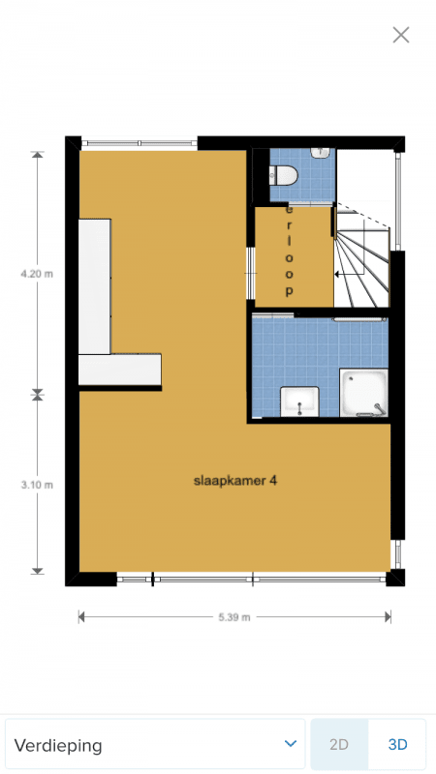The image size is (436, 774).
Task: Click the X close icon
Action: click(401, 35)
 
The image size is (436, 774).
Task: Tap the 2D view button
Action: click(339, 744)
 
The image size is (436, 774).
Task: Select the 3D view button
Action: click(397, 744)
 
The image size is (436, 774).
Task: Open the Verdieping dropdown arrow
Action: click(291, 743)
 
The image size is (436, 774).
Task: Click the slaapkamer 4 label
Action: click(234, 481)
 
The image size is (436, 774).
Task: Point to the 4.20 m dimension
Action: click(37, 275)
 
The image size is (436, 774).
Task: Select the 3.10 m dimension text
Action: click(37, 485)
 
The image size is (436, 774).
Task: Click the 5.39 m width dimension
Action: click(234, 617)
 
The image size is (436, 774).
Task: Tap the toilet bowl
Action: click(284, 175)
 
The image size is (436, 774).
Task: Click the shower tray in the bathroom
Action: click(364, 393)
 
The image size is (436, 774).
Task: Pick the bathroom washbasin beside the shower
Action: click(299, 402)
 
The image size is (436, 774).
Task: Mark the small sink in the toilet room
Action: click(321, 153)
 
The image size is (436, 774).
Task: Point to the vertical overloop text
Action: click(289, 251)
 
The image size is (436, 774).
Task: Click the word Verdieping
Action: click(58, 745)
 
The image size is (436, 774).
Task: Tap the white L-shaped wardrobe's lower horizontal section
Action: click(119, 370)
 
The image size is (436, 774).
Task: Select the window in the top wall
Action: click(140, 143)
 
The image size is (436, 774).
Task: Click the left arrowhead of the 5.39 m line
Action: click(81, 617)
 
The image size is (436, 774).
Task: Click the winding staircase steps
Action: click(362, 264)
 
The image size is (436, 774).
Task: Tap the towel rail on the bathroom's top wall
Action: click(359, 320)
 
